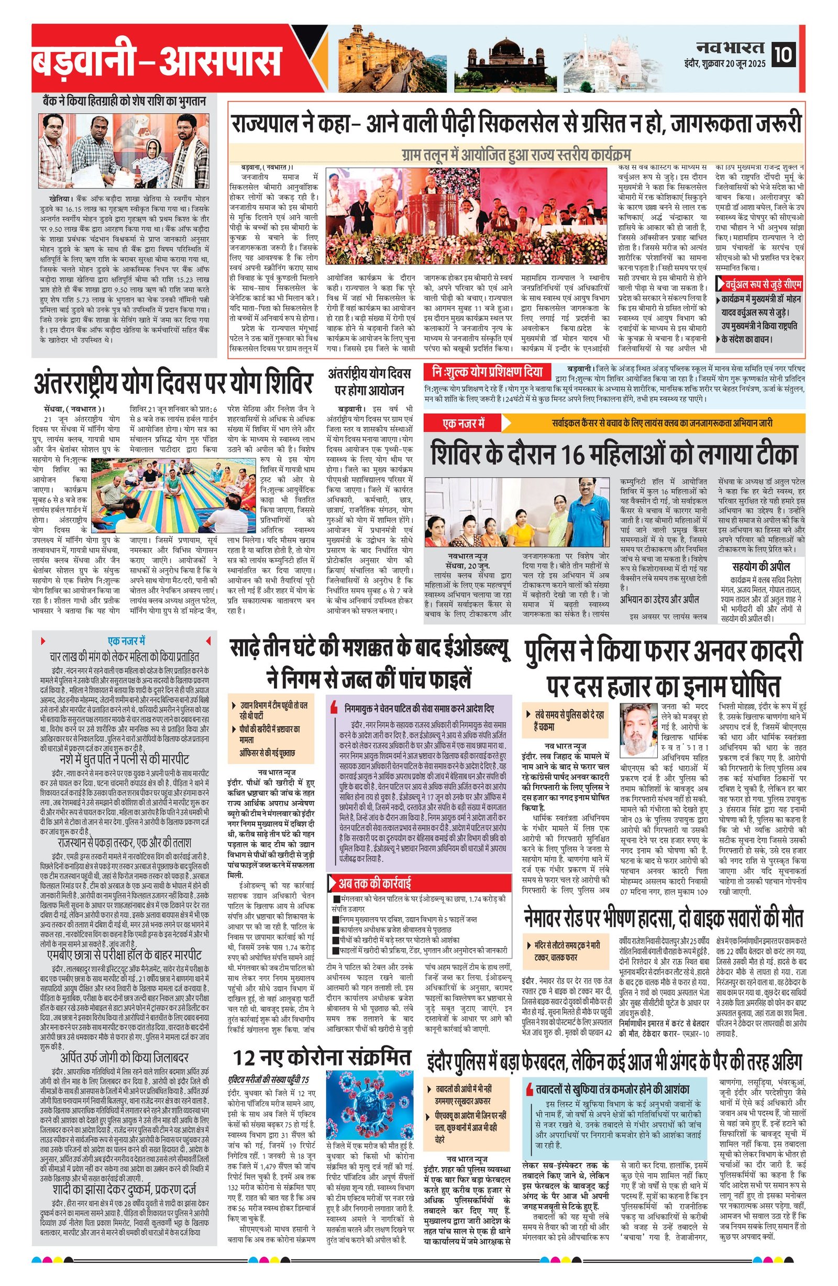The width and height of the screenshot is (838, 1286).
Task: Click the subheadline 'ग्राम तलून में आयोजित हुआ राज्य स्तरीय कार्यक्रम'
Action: click(x=515, y=153)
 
